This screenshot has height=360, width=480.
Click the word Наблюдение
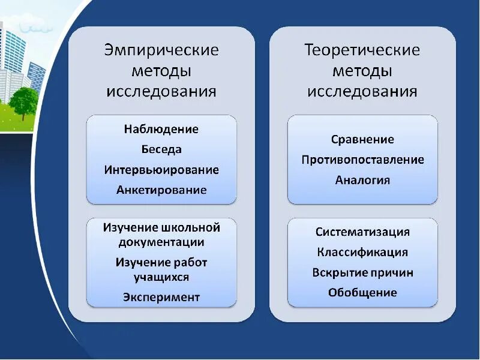tap(161, 129)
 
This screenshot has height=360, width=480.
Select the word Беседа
tap(161, 149)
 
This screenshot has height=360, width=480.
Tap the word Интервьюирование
tap(161, 170)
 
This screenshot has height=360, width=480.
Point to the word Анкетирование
tap(161, 190)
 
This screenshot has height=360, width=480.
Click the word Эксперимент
tap(161, 297)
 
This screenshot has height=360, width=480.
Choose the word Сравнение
tap(362, 140)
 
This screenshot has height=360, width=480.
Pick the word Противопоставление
tap(362, 160)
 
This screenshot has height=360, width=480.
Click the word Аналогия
tap(362, 180)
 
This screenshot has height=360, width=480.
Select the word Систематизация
tap(362, 232)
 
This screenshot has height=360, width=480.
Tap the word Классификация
tap(362, 253)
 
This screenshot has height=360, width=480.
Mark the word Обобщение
tap(362, 293)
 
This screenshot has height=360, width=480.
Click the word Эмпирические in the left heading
tap(161, 50)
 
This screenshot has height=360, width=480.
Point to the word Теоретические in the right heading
tap(362, 50)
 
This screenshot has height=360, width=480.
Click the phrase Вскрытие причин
tap(362, 273)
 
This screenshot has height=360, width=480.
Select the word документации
tap(161, 242)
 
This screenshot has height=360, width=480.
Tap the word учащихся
tap(161, 277)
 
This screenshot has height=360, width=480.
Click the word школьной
tap(191, 228)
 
